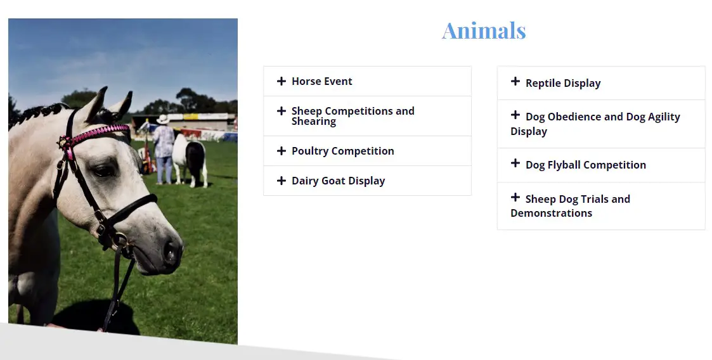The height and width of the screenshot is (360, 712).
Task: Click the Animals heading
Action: (484, 31)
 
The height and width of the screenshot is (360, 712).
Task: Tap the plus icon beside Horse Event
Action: (282, 81)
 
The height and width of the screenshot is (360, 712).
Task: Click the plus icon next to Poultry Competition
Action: (282, 151)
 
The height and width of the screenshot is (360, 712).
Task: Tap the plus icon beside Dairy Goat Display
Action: (282, 181)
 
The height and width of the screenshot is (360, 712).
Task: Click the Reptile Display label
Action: (563, 83)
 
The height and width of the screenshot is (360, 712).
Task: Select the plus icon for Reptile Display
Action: (515, 81)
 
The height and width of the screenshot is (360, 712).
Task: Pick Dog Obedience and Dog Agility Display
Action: (595, 124)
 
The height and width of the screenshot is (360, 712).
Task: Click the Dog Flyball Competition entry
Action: (586, 165)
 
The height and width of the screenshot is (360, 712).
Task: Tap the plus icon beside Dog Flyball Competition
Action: (515, 163)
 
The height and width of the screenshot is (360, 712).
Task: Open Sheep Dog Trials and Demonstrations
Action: (571, 205)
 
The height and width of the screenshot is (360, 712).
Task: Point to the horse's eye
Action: (104, 170)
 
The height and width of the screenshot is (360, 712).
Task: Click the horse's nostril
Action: (171, 251)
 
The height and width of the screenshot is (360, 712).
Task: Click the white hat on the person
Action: (162, 119)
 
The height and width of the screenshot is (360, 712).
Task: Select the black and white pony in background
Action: (190, 160)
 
